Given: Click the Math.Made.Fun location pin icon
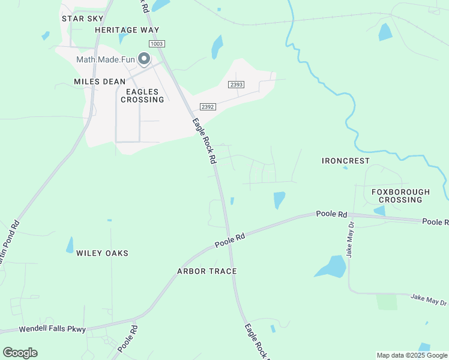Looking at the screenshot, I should (x=144, y=59).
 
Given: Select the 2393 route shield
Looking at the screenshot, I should (x=236, y=85).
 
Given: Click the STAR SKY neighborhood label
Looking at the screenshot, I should (x=83, y=19).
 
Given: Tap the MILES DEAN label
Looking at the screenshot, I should (x=100, y=82).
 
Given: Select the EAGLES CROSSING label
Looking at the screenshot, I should (x=142, y=96).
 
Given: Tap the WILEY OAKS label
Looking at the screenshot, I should (x=102, y=253).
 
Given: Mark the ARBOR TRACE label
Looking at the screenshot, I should (x=206, y=271).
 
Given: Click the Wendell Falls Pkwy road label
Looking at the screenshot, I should (x=53, y=329).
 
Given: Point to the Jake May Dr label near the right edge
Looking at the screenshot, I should (x=429, y=299).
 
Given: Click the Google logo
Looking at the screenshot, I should (x=20, y=352).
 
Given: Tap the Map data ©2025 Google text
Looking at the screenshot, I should (x=412, y=355).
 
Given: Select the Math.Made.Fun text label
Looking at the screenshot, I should (x=106, y=59).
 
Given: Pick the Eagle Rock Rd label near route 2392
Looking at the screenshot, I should (x=203, y=142).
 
